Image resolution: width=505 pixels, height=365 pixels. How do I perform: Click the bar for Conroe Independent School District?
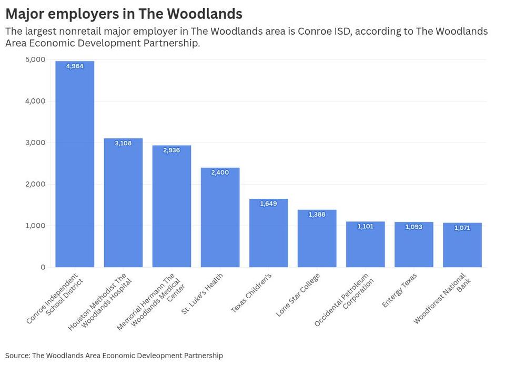click(75, 168)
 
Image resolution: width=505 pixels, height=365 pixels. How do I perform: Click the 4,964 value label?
click(75, 66)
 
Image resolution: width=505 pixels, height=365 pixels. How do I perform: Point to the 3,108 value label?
click(123, 143)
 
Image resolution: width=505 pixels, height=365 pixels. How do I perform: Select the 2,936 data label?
click(171, 150)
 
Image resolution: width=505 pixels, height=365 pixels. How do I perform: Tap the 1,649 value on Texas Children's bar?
click(268, 204)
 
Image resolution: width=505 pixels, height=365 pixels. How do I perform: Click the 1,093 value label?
click(413, 227)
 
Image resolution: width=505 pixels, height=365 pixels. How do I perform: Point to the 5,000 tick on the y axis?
click(36, 59)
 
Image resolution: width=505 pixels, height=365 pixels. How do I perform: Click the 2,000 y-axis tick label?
click(36, 184)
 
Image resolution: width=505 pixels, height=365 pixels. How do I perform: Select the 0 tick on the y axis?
click(43, 267)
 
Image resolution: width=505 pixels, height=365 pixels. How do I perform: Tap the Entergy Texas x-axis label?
click(400, 290)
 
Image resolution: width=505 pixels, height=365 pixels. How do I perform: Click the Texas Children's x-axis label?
click(251, 293)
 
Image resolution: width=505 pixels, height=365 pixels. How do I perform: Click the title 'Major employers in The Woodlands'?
click(124, 14)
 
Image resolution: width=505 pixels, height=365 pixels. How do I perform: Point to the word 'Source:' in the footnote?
click(17, 356)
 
